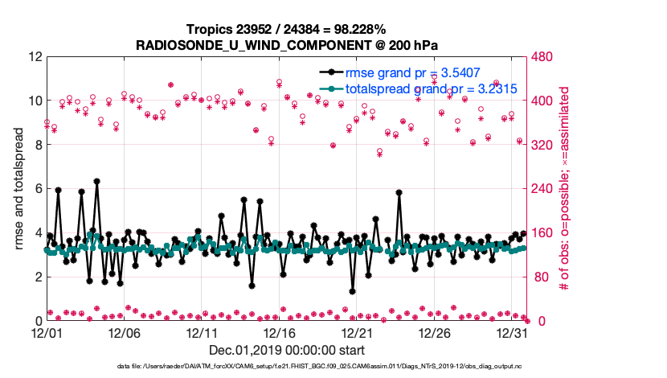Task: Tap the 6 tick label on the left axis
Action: pos(37,189)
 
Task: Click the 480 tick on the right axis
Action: pos(541,57)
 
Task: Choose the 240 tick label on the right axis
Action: pos(541,189)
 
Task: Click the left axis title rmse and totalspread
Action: pos(18,189)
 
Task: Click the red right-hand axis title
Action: pos(565,189)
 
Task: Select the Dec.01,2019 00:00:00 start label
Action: pos(287,350)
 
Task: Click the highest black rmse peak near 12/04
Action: pos(96,182)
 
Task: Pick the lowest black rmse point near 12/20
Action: pos(352,291)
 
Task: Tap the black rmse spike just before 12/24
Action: pos(399,193)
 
